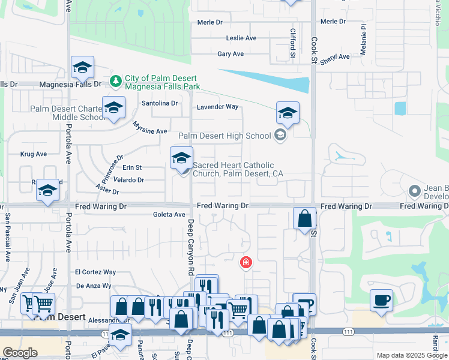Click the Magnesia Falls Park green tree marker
116,80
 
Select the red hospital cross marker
246,262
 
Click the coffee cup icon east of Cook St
382,300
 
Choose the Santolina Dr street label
160,103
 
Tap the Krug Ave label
34,154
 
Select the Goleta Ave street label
169,214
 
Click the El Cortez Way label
95,272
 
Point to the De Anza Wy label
93,286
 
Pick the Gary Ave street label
231,54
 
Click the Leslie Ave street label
241,38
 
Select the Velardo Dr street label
129,180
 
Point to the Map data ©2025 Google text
411,355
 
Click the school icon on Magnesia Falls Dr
82,68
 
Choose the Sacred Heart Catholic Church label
237,169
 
